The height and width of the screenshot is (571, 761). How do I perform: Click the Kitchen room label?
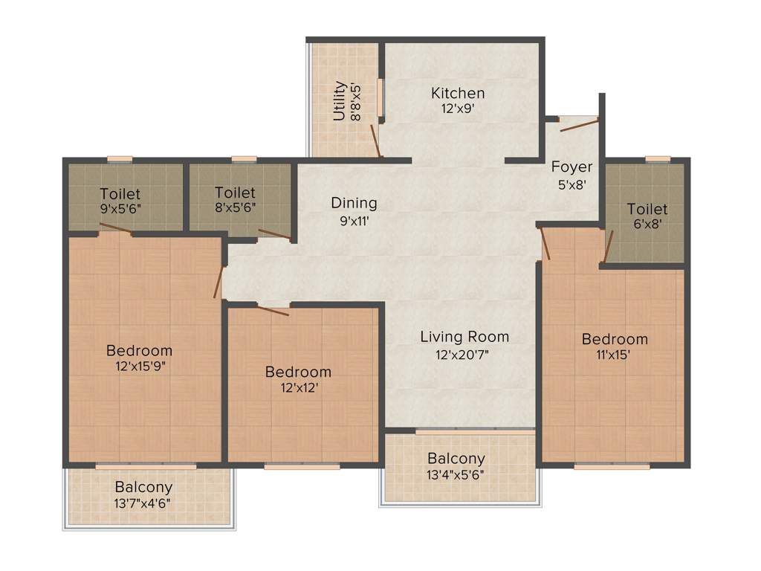pos(458,94)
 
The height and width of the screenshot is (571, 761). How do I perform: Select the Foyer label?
pos(571,167)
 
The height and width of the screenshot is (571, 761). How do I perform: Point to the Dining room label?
pos(354,203)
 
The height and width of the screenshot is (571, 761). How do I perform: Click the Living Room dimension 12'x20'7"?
pos(464,355)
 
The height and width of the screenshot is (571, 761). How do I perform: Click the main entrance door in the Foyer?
pos(578,124)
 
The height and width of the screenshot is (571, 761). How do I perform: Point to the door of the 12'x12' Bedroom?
pos(272,309)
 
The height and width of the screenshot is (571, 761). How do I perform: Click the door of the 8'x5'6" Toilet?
pos(274,234)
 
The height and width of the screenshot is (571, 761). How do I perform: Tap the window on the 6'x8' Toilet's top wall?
pos(657,158)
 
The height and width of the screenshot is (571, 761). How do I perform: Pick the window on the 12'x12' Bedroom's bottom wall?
pos(302,466)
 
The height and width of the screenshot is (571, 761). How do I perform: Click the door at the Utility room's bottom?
pos(376,145)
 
